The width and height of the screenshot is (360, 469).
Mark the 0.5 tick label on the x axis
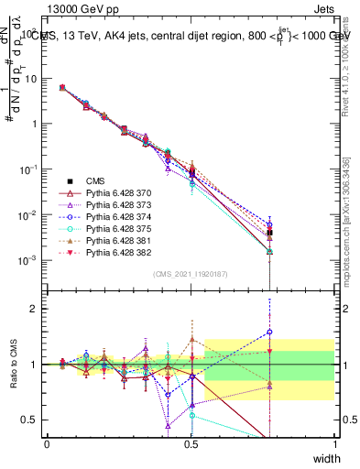(x=191, y=444)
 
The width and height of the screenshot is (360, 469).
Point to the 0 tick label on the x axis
(x=47, y=444)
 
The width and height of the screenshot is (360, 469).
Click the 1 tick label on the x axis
(x=334, y=444)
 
